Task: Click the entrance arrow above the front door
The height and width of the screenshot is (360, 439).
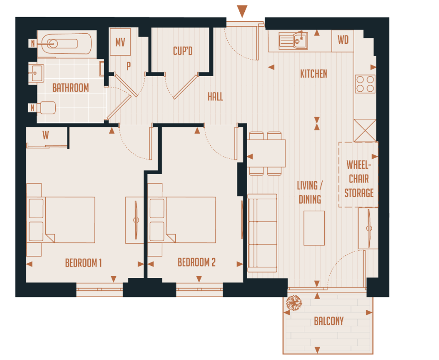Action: pyautogui.click(x=242, y=11)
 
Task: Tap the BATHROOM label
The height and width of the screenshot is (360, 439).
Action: pyautogui.click(x=71, y=88)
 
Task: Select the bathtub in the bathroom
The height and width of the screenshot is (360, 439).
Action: pyautogui.click(x=64, y=44)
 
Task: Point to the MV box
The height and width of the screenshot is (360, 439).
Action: pyautogui.click(x=120, y=42)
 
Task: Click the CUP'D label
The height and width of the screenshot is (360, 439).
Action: pyautogui.click(x=183, y=51)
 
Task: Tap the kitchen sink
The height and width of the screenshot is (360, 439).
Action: pyautogui.click(x=293, y=41)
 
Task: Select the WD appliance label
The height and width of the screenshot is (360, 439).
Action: pyautogui.click(x=343, y=40)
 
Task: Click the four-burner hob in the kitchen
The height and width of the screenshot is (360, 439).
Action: pyautogui.click(x=365, y=84)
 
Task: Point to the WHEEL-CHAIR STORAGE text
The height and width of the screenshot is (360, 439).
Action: pyautogui.click(x=359, y=179)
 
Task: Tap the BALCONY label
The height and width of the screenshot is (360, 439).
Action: pyautogui.click(x=329, y=321)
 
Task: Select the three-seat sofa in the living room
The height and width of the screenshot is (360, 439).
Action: pyautogui.click(x=262, y=234)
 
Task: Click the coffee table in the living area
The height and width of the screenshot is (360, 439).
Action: pyautogui.click(x=314, y=228)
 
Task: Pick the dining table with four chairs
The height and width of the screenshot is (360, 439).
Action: pyautogui.click(x=266, y=153)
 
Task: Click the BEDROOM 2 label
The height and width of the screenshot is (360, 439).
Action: pyautogui.click(x=196, y=263)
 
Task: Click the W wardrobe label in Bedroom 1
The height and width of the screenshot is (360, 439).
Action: pyautogui.click(x=46, y=136)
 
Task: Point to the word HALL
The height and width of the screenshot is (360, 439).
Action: pyautogui.click(x=215, y=97)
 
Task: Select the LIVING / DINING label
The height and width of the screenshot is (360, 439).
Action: pyautogui.click(x=310, y=192)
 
